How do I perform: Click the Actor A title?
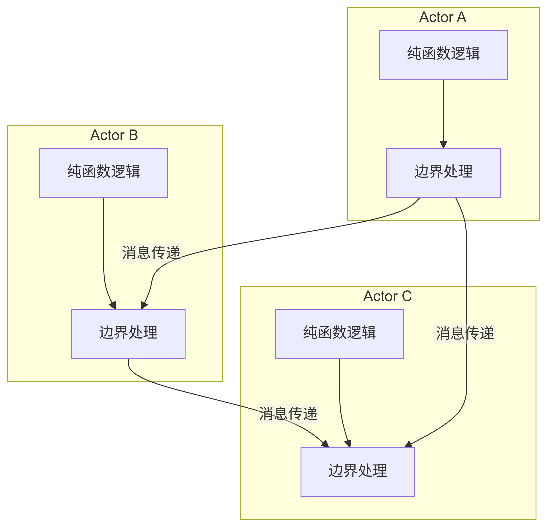443,17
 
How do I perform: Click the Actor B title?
114,135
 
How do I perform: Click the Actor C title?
388,296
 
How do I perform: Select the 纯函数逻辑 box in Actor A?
443,55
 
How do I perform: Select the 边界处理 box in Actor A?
443,173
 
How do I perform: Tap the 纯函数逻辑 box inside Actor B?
103,173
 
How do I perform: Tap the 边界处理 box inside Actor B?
128,334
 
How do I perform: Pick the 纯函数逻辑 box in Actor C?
339,334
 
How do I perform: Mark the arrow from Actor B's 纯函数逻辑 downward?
104,251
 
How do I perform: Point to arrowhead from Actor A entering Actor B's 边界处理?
143,305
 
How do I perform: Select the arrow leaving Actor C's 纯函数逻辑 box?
340,396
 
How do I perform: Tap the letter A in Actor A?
461,17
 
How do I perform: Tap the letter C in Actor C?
407,296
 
